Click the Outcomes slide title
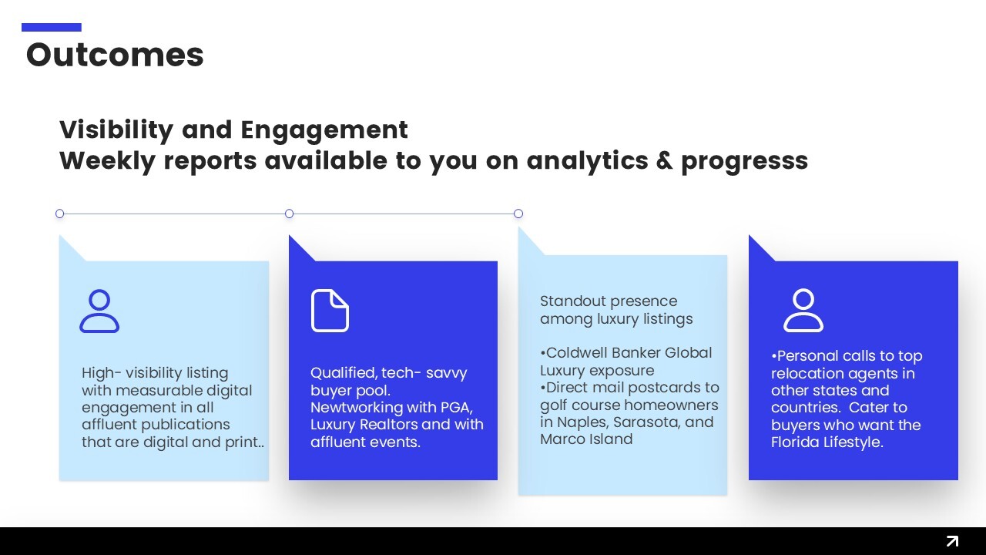[x=115, y=55]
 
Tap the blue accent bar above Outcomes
[x=52, y=27]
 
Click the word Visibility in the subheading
[x=116, y=130]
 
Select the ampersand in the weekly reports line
[x=665, y=160]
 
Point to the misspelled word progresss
[x=745, y=162]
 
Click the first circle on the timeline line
[x=60, y=214]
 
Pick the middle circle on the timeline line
[x=289, y=214]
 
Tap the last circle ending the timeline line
[x=518, y=214]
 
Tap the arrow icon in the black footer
[x=952, y=541]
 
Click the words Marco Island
[x=586, y=439]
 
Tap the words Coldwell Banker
[x=603, y=353]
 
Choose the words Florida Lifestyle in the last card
[x=827, y=442]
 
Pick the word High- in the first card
[x=101, y=373]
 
